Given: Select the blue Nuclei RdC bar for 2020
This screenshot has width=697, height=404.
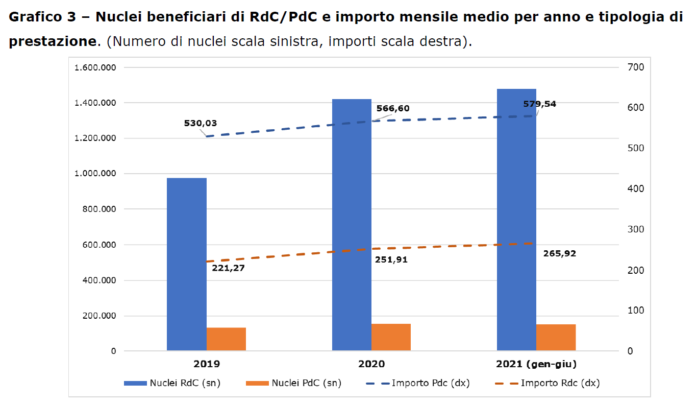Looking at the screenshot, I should pos(352,225).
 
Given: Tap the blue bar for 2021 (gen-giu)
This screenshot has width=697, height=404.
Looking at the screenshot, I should pos(516,220).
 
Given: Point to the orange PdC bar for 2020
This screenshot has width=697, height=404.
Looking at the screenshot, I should pos(391,337).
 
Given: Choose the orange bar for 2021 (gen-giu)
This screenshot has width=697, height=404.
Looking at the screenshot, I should pos(556,337).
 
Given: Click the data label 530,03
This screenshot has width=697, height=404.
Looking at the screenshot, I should pos(201,123).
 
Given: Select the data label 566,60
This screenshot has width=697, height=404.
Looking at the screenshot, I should pos(393,108).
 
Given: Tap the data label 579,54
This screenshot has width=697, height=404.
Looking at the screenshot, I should pos(539,104).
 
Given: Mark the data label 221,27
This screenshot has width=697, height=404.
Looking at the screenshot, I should pos(228,268).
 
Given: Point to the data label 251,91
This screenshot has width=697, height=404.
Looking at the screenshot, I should pos(391,259).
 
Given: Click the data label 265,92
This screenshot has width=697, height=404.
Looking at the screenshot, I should pos(560,253).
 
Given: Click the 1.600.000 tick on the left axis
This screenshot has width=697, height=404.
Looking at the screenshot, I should pos(95,67).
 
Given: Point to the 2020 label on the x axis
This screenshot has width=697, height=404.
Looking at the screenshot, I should pos(371,364).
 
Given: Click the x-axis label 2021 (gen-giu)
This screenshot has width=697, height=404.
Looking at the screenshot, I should pos(536,364).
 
